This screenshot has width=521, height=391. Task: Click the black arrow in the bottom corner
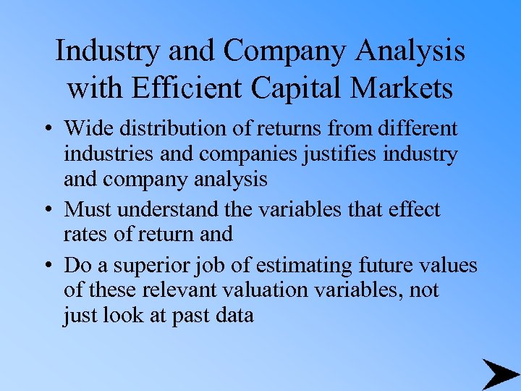499,374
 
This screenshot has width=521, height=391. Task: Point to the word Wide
84,129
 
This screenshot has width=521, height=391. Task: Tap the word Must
85,210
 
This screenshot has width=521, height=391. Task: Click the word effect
412,210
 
